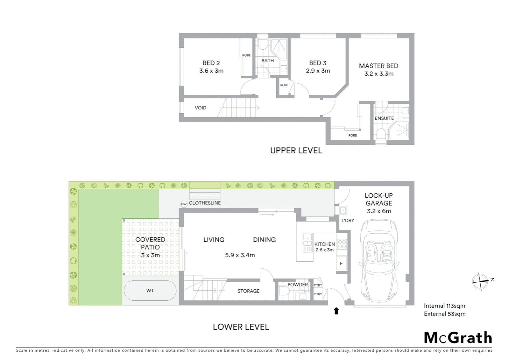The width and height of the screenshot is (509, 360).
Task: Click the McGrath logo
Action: [458, 338]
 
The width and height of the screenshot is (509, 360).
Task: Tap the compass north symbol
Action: [480, 281]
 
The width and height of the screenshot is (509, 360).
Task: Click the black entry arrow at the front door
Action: [336, 311]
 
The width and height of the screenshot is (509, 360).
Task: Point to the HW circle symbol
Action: [184, 204]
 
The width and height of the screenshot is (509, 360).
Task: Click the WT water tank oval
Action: [150, 291]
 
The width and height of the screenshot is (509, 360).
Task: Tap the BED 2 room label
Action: [211, 63]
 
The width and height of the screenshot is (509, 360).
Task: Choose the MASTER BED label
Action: [378, 66]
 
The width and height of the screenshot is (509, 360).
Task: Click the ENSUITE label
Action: [384, 118]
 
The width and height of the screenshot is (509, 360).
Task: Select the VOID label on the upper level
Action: [201, 108]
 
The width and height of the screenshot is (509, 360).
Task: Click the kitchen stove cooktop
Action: [342, 244]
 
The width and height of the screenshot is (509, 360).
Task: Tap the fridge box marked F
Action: [341, 263]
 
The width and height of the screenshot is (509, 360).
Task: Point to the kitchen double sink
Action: [307, 242]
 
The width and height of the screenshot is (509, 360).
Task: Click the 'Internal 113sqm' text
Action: [444, 306]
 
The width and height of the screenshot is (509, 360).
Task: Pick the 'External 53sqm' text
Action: [444, 314]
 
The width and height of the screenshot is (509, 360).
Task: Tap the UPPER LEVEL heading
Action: [296, 151]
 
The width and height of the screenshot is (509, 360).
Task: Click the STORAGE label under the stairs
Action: [248, 291]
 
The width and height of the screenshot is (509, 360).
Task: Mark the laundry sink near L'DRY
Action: [343, 211]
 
